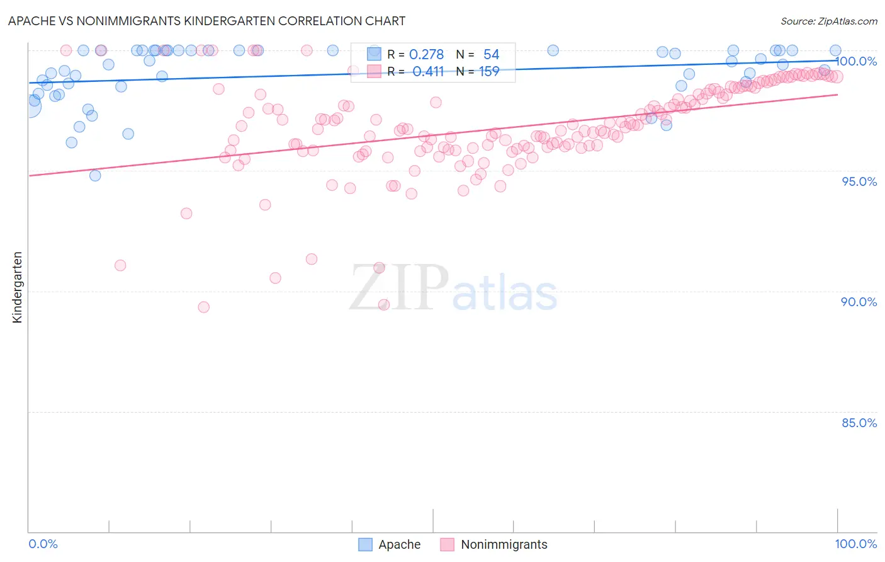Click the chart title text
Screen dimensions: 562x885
[x=206, y=21]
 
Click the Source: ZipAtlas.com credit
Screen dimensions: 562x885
[x=828, y=21]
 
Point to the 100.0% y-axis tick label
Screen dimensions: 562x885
[x=856, y=61]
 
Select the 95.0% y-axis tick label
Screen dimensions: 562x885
[x=859, y=181]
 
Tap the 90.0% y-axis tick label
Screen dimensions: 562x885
[x=859, y=302]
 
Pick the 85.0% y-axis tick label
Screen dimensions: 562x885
[x=859, y=423]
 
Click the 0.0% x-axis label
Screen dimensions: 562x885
[x=43, y=544]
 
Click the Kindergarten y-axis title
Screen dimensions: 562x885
[x=17, y=287]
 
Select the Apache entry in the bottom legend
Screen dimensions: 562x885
[x=399, y=544]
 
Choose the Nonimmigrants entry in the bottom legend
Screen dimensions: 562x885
[x=504, y=544]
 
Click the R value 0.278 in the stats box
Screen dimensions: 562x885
[x=426, y=55]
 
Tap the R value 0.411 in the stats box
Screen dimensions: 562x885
[x=428, y=72]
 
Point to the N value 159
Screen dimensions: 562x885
[x=489, y=72]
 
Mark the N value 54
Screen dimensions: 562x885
[x=491, y=55]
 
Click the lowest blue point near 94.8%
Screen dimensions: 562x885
[x=95, y=175]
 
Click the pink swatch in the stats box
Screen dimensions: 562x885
[x=375, y=71]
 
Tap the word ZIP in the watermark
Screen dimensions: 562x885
[x=399, y=289]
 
